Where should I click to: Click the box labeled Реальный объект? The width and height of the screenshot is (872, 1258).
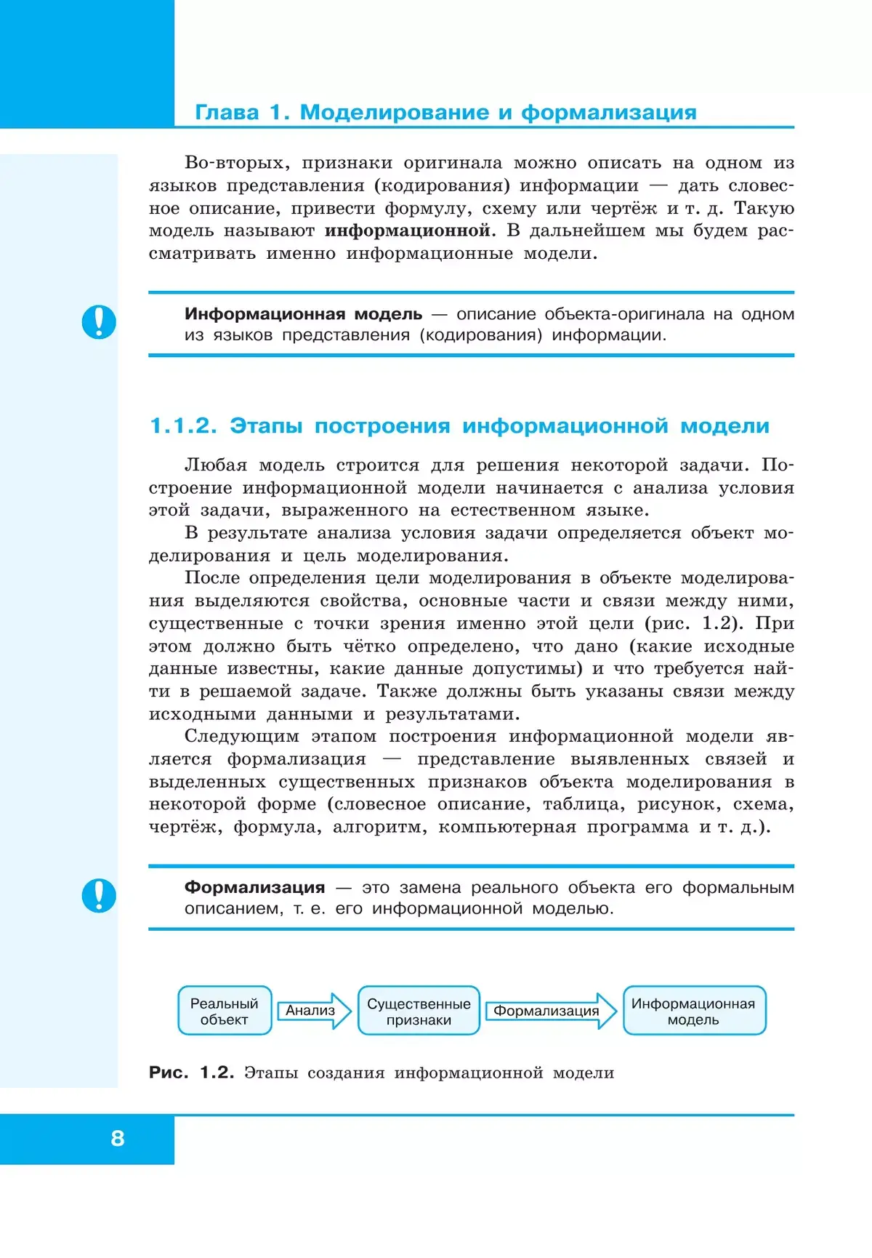[x=225, y=1011]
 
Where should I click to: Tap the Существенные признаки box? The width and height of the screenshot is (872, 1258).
[x=419, y=1011]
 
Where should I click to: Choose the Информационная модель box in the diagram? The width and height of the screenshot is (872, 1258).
[x=693, y=1011]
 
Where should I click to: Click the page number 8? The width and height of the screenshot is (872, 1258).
[x=118, y=1138]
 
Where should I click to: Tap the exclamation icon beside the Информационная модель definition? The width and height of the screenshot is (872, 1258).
[x=99, y=322]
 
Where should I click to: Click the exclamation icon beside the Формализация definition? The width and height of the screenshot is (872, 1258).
[x=99, y=895]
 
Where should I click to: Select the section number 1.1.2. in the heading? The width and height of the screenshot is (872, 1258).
[x=183, y=426]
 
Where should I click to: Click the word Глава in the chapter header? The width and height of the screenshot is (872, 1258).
[x=227, y=113]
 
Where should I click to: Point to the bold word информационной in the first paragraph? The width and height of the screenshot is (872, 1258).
[x=407, y=231]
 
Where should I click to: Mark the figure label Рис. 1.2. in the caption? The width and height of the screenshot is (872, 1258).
[x=191, y=1073]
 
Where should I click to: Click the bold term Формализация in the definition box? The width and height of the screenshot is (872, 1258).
[x=254, y=887]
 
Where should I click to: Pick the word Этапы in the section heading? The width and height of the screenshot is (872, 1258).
[x=266, y=426]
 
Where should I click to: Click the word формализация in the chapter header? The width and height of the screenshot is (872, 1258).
[x=609, y=113]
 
